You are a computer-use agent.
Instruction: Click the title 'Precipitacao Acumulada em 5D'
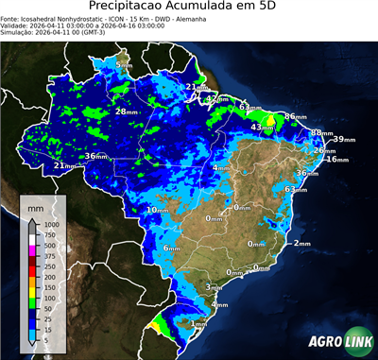tap(189, 7)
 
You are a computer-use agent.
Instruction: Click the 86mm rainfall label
tap(296, 116)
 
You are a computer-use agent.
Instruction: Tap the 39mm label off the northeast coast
tap(344, 139)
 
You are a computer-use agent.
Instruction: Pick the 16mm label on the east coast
tap(337, 160)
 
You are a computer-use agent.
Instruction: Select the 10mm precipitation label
tap(157, 209)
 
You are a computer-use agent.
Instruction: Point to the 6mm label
tap(171, 248)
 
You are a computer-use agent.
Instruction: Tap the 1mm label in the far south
tap(198, 324)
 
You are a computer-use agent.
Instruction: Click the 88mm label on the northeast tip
tap(320, 133)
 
